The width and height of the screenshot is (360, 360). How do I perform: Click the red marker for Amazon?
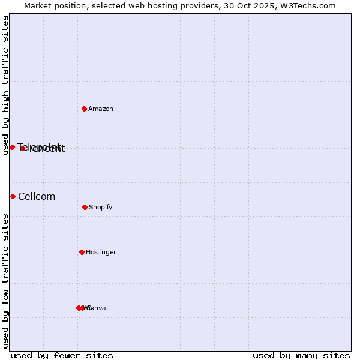point(85,109)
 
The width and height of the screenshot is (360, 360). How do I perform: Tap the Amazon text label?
point(101,109)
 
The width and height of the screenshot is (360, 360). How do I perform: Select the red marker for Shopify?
point(85,207)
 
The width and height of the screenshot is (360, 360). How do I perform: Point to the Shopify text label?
point(101,208)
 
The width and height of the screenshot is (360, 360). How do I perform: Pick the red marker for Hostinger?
point(82,252)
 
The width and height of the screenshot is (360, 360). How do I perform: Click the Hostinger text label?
point(101,253)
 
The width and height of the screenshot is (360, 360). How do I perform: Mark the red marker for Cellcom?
point(13,196)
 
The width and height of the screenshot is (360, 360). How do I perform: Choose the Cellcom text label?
point(37,197)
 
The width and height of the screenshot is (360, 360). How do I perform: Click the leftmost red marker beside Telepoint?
point(12,147)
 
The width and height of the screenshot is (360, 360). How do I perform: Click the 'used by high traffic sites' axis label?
point(5,85)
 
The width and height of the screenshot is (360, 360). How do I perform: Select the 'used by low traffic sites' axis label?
point(5,281)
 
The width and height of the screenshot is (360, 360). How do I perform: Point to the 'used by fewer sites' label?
point(62,356)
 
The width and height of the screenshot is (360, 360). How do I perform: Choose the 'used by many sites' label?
point(301,356)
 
